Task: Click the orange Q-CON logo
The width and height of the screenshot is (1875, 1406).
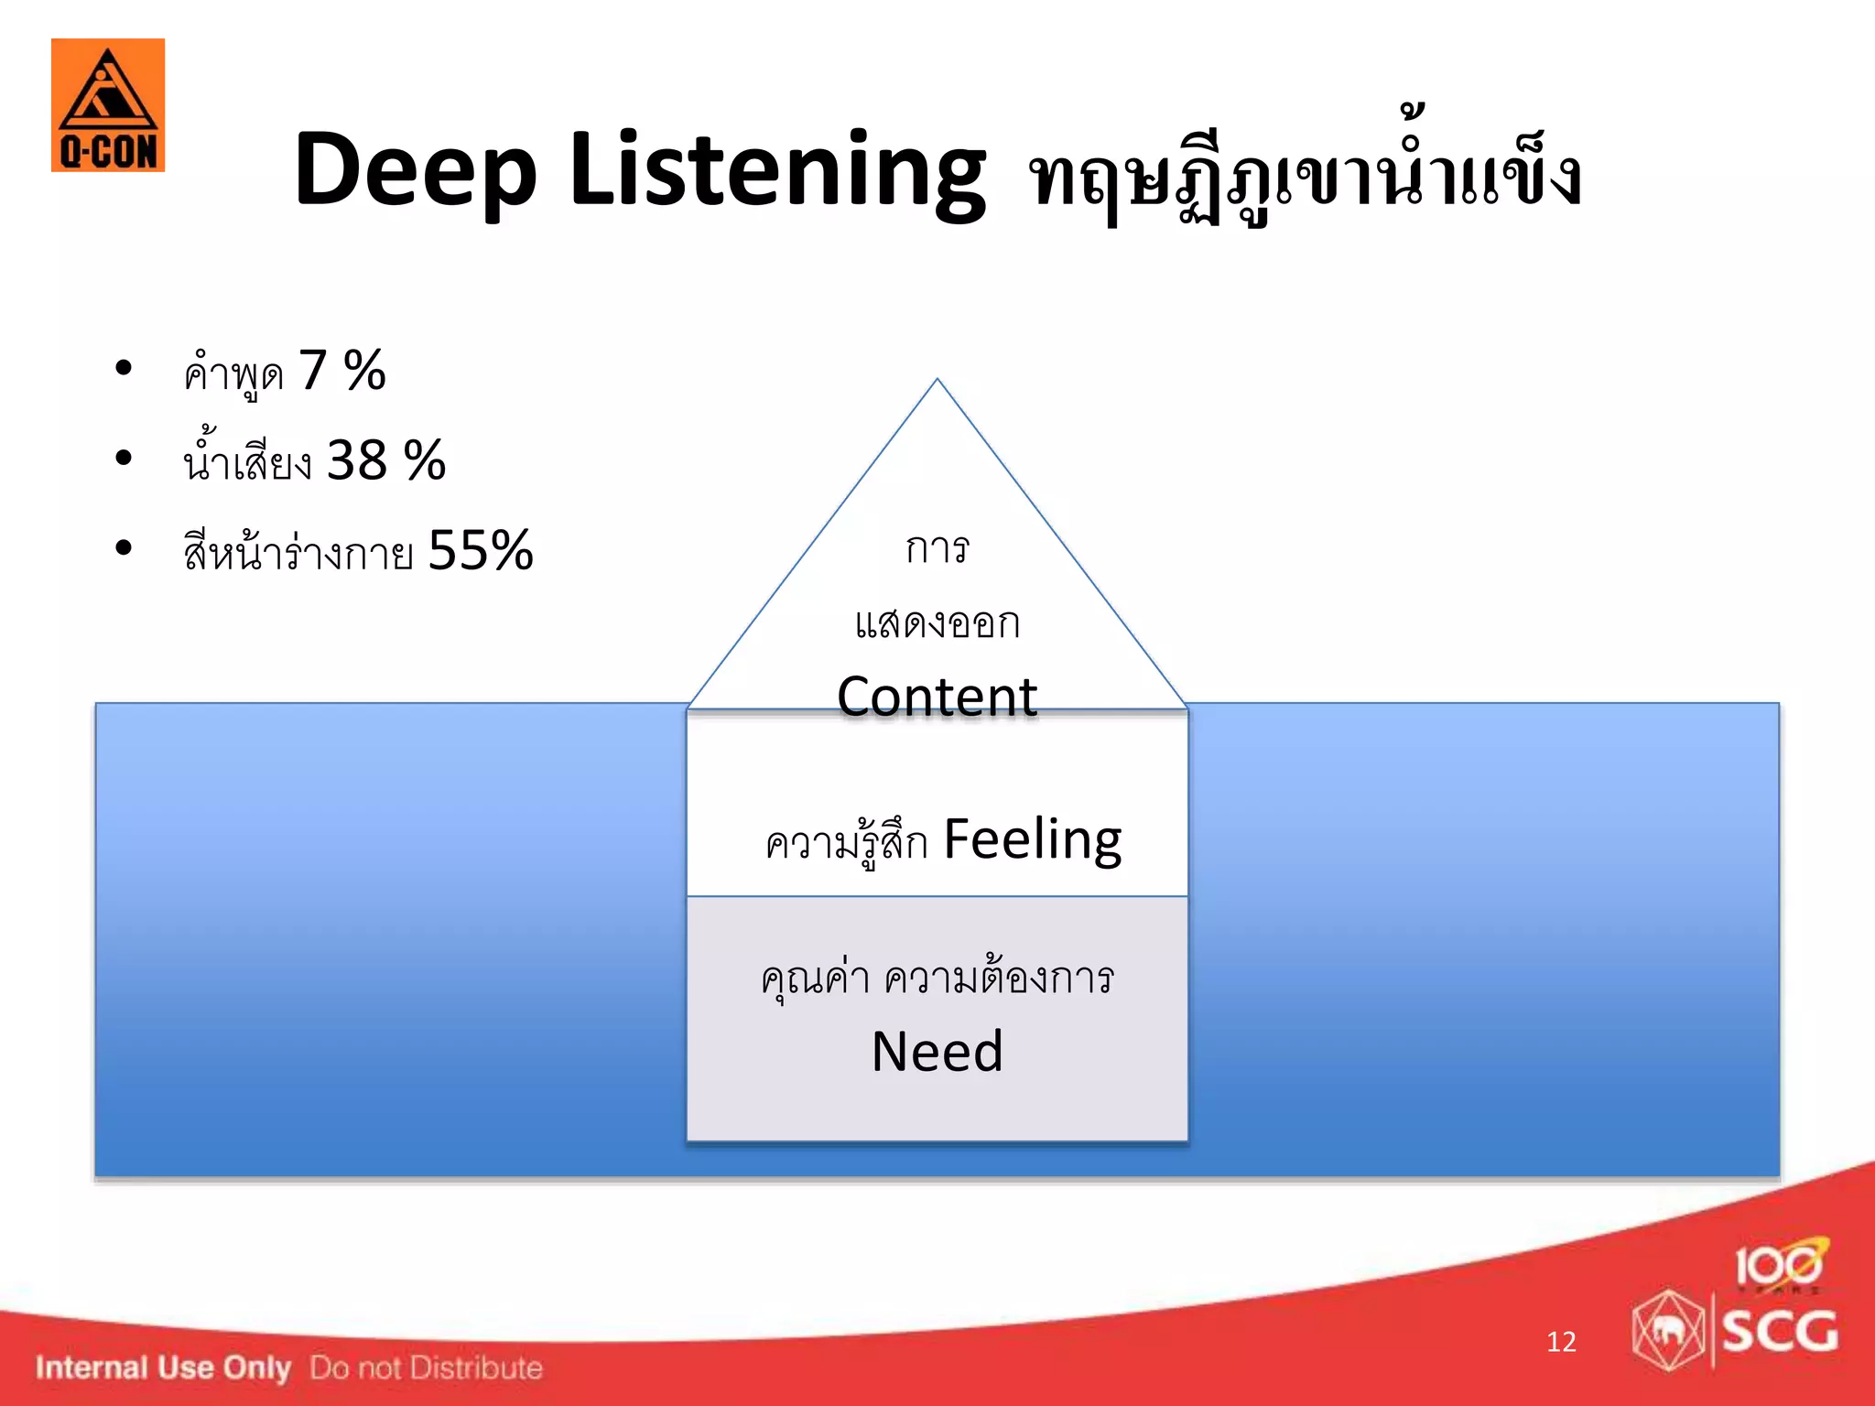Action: (108, 105)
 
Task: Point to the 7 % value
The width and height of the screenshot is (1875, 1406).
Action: (341, 371)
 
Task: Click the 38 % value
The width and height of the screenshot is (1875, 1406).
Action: (385, 460)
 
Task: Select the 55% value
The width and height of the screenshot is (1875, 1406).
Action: (480, 550)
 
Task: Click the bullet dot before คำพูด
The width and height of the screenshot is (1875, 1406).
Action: (124, 368)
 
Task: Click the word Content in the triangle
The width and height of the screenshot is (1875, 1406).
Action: (937, 697)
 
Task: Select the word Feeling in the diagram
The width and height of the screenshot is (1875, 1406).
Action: (1032, 838)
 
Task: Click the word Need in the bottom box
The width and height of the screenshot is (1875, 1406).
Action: (937, 1051)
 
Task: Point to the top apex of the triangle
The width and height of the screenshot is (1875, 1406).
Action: (937, 381)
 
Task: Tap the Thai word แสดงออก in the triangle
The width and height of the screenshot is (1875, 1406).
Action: (937, 623)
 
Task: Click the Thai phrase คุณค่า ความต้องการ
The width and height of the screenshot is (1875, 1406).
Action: (937, 979)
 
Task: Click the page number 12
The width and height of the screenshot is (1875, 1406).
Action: (1561, 1342)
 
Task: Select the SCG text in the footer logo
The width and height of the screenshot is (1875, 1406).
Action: (1779, 1331)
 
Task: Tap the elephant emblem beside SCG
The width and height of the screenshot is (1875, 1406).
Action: (1668, 1331)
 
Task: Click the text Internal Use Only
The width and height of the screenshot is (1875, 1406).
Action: (163, 1368)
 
